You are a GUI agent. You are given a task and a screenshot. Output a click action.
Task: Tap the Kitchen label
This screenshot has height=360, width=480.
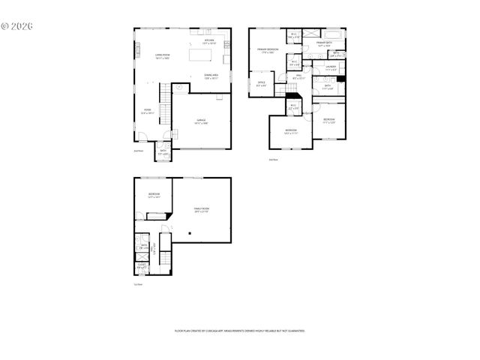pos(209,41)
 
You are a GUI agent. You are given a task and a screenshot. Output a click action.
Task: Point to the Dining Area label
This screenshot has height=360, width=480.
pos(211,76)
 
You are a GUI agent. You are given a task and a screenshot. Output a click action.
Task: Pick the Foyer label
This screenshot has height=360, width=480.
pos(148,112)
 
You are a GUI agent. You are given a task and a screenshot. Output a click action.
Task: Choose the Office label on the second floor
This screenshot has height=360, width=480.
pos(262,84)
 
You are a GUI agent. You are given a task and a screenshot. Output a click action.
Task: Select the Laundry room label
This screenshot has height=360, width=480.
pos(331,67)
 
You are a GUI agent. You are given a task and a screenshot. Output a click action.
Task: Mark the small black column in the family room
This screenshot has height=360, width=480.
pos(190,233)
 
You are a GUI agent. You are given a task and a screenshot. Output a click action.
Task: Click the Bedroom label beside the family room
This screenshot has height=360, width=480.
pos(153,195)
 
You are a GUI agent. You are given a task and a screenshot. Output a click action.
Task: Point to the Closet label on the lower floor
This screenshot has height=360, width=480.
pos(142,265)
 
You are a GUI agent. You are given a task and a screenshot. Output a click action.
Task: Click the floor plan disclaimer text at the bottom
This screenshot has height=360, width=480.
pos(239,330)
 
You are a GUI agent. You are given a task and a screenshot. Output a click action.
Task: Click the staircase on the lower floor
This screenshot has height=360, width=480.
pos(155,253)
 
